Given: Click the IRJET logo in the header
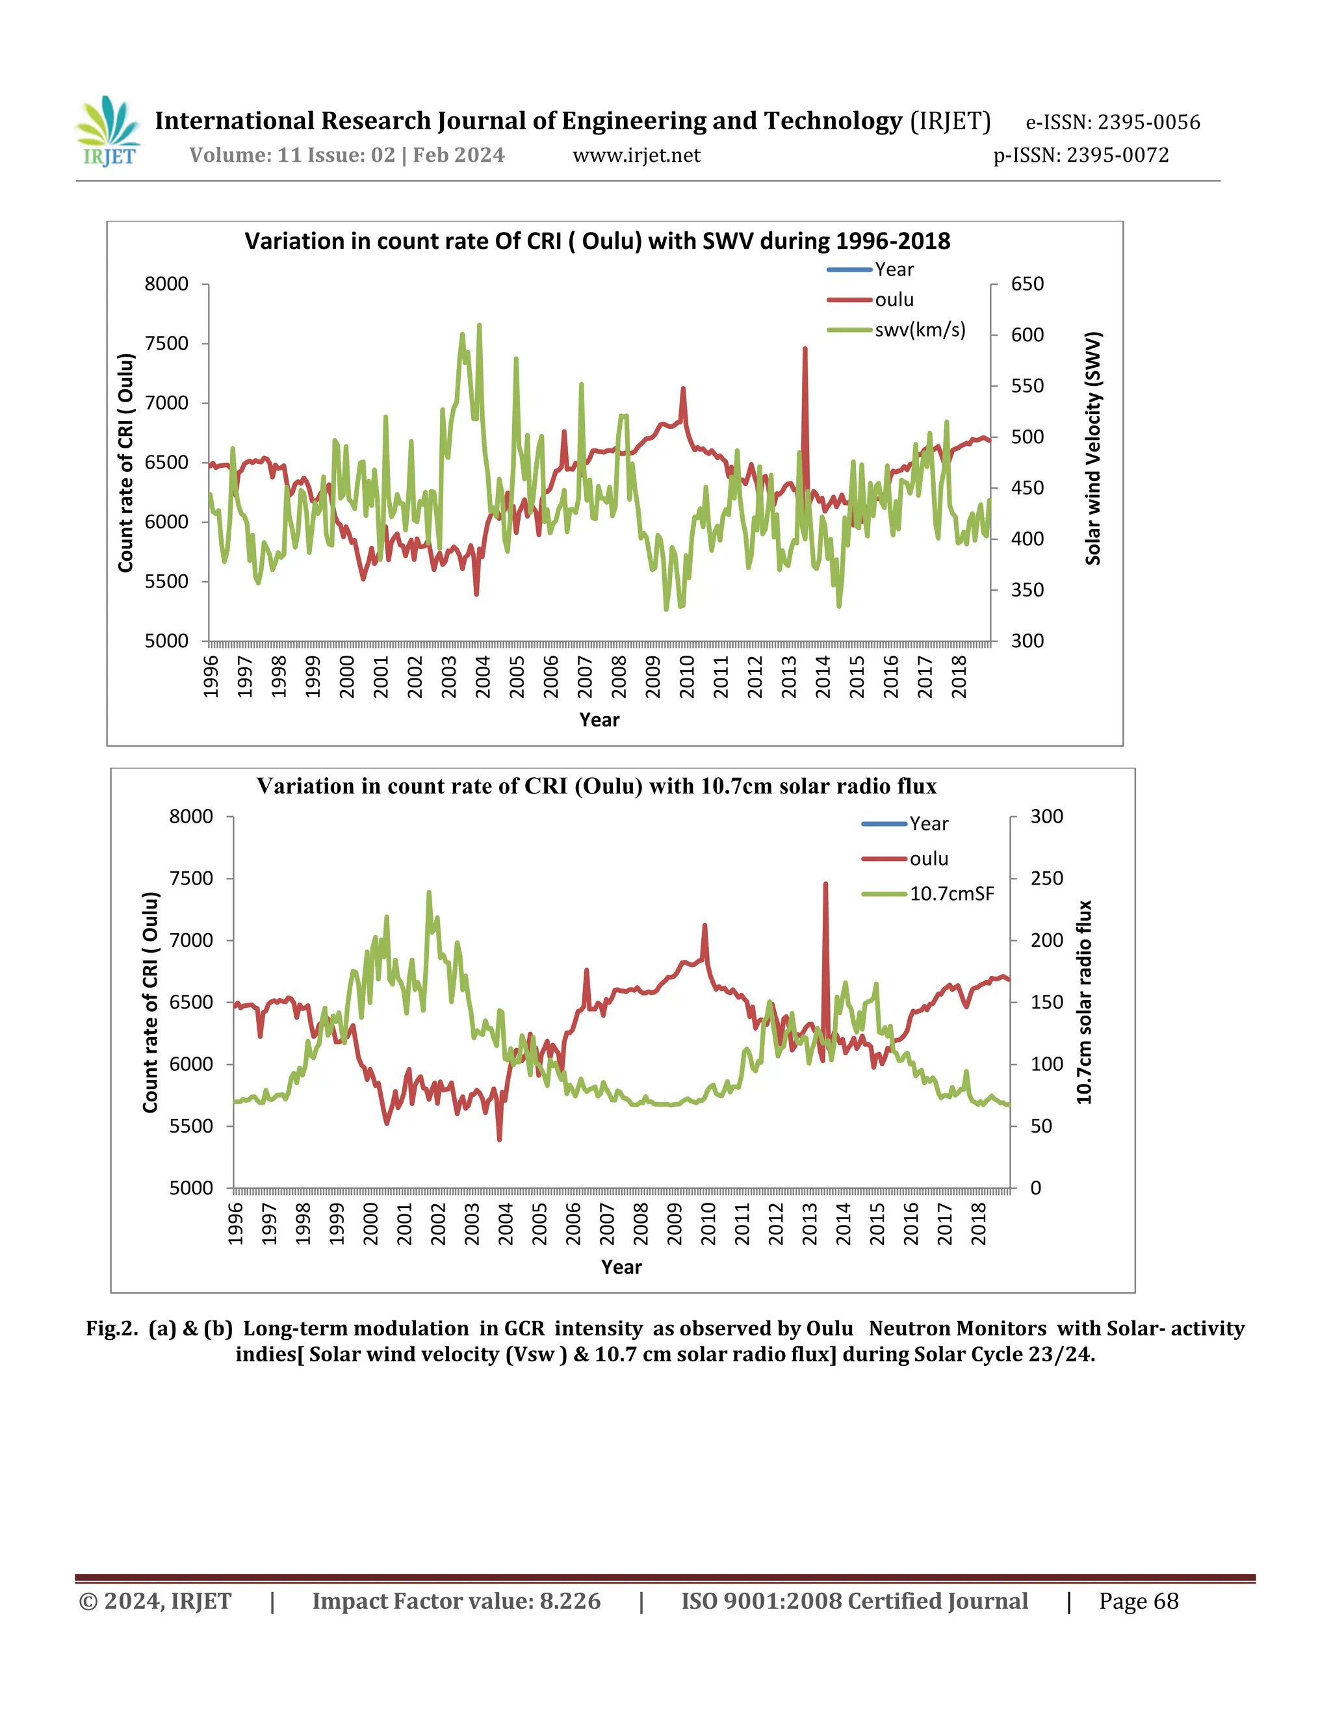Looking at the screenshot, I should point(109,132).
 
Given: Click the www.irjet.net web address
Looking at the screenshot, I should point(636,155).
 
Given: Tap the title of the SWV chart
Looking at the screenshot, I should point(597,240).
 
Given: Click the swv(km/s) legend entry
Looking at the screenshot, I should point(920,329).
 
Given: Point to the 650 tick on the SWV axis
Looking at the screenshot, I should point(1027,284).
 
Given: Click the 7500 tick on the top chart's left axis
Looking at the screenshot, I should point(166,344).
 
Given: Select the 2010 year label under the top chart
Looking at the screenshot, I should point(687,676).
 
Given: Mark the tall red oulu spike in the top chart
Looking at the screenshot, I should point(805,351).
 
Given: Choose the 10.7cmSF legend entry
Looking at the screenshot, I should point(951,893).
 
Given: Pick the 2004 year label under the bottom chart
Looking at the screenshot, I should point(506,1223).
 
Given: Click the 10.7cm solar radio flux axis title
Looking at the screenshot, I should point(1084,1002).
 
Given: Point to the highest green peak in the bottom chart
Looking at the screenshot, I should point(429,893).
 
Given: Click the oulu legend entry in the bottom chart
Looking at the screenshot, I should point(928,858).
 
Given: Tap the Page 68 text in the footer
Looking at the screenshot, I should point(1139,1601).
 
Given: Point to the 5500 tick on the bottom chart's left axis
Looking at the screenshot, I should point(191,1126).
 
